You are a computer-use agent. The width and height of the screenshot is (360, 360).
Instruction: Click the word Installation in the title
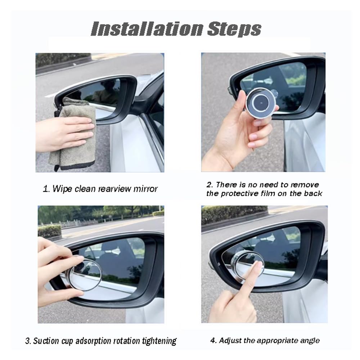(x=146, y=29)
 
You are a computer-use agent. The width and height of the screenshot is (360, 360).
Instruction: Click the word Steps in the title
(x=234, y=29)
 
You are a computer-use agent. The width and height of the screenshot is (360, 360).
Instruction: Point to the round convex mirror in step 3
(x=86, y=274)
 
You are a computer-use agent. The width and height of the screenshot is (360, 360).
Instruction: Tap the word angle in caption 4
(x=310, y=340)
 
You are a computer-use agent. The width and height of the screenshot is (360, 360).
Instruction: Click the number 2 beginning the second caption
(x=209, y=185)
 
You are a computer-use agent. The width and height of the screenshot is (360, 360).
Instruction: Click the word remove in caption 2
(x=305, y=185)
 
